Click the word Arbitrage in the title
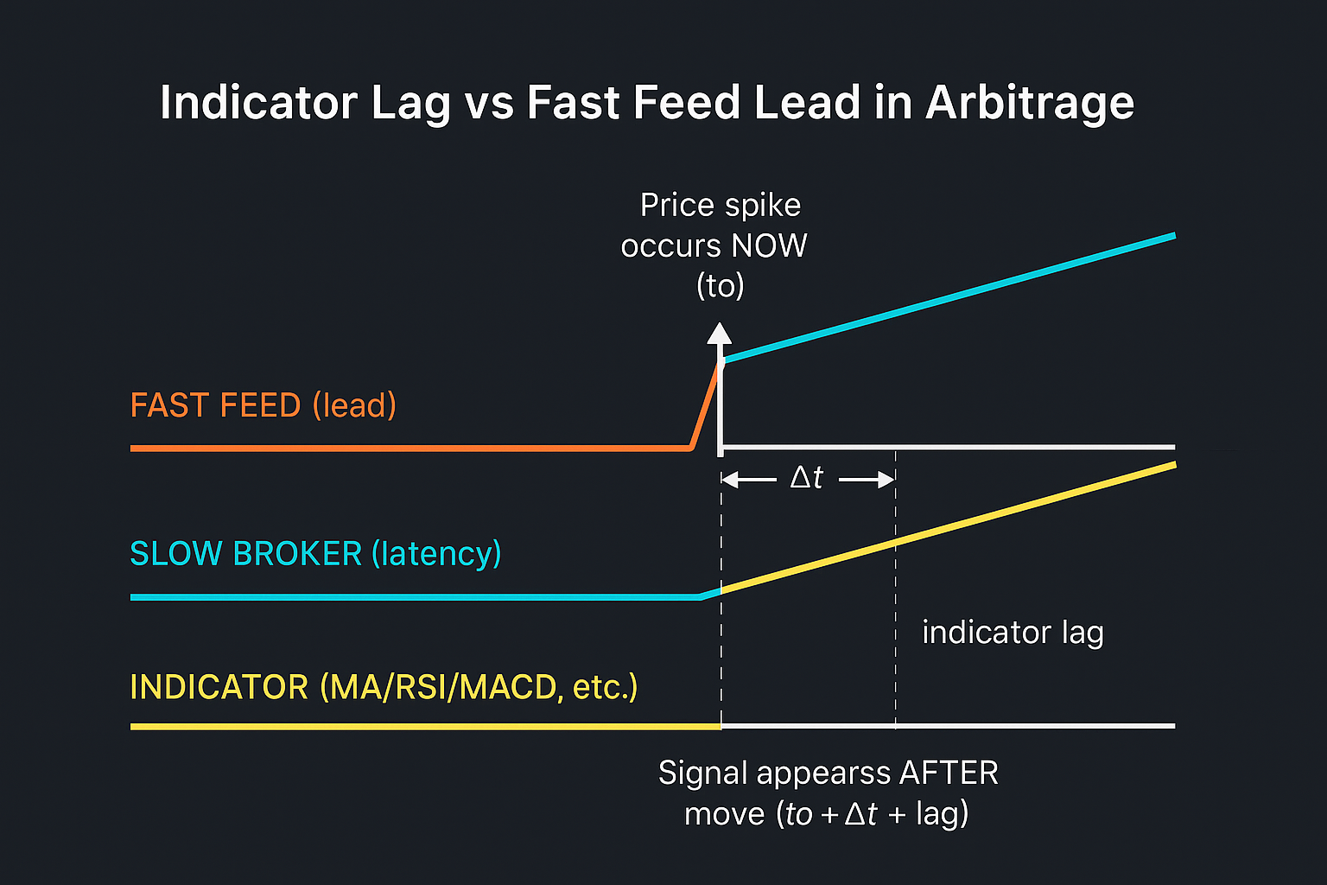(x=1029, y=104)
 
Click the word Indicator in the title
(x=258, y=102)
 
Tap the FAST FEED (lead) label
(x=263, y=405)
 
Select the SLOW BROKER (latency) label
(x=315, y=554)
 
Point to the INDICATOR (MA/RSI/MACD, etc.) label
(x=384, y=688)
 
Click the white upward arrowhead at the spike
(x=719, y=334)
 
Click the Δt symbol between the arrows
(x=807, y=478)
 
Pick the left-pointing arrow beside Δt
(x=748, y=479)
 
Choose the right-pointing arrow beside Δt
(x=867, y=479)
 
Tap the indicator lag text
(x=1013, y=633)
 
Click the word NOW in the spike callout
(x=768, y=246)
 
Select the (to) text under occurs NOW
(x=720, y=286)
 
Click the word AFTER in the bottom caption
(x=949, y=773)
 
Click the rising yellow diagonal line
(x=950, y=526)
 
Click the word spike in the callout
(x=762, y=206)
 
